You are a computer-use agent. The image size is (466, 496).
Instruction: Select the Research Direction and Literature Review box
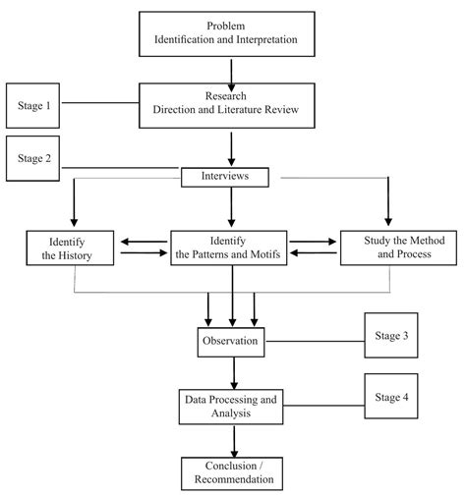[232, 106]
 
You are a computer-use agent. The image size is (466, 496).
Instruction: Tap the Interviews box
[231, 177]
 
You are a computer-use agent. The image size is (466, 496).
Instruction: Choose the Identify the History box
[72, 248]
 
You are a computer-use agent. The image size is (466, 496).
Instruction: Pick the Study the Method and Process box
[386, 248]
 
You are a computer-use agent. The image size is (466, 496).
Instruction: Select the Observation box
[231, 341]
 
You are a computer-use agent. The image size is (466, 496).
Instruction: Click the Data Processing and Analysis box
[231, 408]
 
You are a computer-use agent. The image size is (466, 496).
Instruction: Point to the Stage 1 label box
[34, 105]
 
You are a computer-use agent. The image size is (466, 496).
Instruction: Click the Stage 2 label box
[34, 157]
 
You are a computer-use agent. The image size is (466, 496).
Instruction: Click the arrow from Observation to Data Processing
[234, 372]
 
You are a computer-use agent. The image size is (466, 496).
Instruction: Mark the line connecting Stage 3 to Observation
[315, 341]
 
